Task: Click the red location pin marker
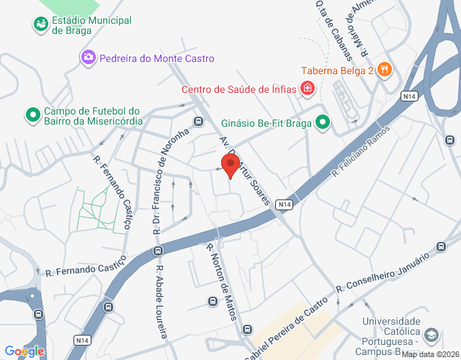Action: pyautogui.click(x=230, y=165)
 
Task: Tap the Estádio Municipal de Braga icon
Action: pyautogui.click(x=40, y=24)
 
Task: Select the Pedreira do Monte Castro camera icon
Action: pyautogui.click(x=89, y=56)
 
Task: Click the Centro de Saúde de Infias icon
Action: pyautogui.click(x=308, y=89)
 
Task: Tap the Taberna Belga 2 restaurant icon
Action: pyautogui.click(x=385, y=70)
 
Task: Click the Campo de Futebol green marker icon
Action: pyautogui.click(x=32, y=114)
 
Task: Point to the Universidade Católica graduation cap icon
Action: pyautogui.click(x=431, y=334)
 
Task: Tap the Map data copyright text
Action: pyautogui.click(x=430, y=354)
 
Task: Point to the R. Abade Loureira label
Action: pyautogui.click(x=161, y=303)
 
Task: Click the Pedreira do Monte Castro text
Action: pyautogui.click(x=157, y=58)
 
